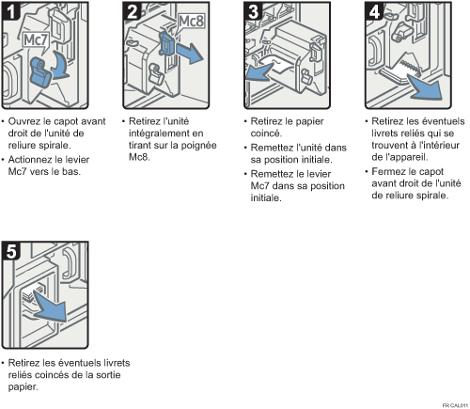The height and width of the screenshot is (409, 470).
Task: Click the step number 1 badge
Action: pyautogui.click(x=11, y=12)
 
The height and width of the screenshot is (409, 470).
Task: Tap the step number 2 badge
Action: pyautogui.click(x=133, y=12)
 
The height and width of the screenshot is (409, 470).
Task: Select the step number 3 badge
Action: pyautogui.click(x=254, y=12)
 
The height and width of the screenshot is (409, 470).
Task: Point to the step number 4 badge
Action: pyautogui.click(x=374, y=12)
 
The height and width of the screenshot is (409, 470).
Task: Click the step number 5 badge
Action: pyautogui.click(x=11, y=251)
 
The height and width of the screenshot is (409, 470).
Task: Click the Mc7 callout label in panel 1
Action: pyautogui.click(x=36, y=40)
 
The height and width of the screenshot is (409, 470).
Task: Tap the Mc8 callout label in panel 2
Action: pyautogui.click(x=191, y=22)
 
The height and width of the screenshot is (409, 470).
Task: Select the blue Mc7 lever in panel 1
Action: pyautogui.click(x=40, y=72)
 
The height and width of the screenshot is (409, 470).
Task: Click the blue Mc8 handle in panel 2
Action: pyautogui.click(x=166, y=44)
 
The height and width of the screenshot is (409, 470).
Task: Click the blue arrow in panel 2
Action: pyautogui.click(x=189, y=53)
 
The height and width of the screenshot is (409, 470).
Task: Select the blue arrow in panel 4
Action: pyautogui.click(x=426, y=87)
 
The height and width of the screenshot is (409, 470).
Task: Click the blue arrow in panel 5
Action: pyautogui.click(x=51, y=307)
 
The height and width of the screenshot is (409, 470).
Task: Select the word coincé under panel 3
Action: pyautogui.click(x=266, y=134)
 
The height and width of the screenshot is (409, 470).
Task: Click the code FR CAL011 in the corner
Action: pyautogui.click(x=455, y=405)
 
